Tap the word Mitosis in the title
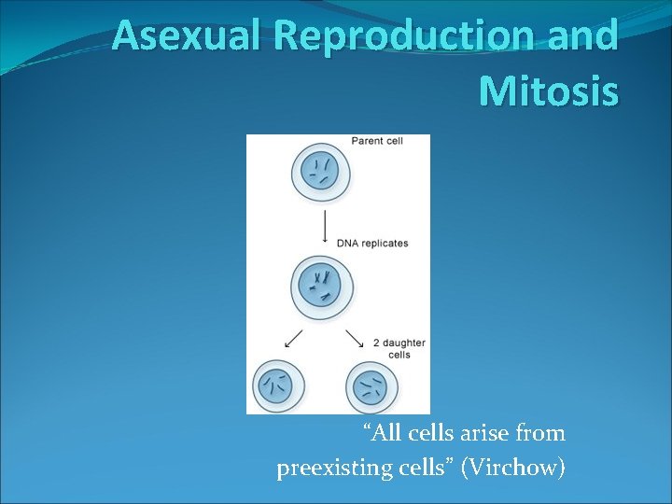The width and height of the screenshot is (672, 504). click(x=548, y=91)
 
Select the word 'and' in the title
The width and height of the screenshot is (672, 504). click(x=586, y=37)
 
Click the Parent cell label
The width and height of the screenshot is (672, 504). click(x=377, y=141)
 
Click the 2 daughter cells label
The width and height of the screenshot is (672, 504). click(x=399, y=348)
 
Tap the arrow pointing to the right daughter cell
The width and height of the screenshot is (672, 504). click(x=355, y=337)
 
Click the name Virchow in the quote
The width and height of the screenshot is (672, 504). click(x=514, y=467)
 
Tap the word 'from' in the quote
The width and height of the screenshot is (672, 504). click(x=539, y=433)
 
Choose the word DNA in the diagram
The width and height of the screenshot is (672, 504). click(x=347, y=244)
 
